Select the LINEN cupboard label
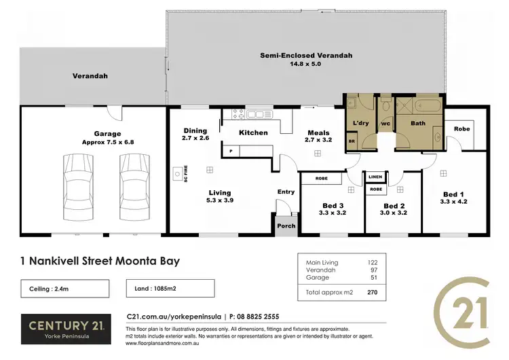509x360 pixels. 376,177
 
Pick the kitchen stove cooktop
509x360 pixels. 238,113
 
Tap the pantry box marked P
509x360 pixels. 231,151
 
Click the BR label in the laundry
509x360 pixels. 352,141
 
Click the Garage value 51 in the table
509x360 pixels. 373,278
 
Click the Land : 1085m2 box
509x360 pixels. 170,289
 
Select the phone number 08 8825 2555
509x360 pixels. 256,317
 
